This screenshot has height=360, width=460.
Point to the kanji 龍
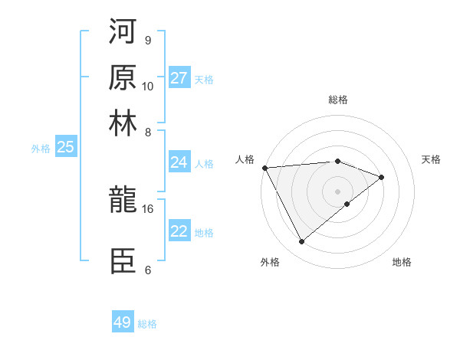[x=123, y=201]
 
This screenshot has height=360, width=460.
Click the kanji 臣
[x=123, y=261]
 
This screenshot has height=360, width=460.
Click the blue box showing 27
[x=179, y=78]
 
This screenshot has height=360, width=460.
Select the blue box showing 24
[x=179, y=162]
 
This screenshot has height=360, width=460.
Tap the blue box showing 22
[x=179, y=231]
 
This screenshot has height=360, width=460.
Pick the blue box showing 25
[x=65, y=148]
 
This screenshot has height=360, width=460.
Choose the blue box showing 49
[x=123, y=322]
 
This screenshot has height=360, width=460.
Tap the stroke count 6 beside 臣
[x=147, y=270]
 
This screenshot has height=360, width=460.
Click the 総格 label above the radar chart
[x=337, y=100]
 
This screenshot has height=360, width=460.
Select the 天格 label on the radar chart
[x=431, y=159]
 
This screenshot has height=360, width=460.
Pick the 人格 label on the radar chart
[x=245, y=159]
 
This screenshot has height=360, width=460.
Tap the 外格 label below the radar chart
[x=270, y=262]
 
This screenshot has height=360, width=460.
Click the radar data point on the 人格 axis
[x=264, y=168]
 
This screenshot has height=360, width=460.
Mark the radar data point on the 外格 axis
[x=301, y=242]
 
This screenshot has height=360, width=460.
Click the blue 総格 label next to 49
[x=147, y=324]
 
